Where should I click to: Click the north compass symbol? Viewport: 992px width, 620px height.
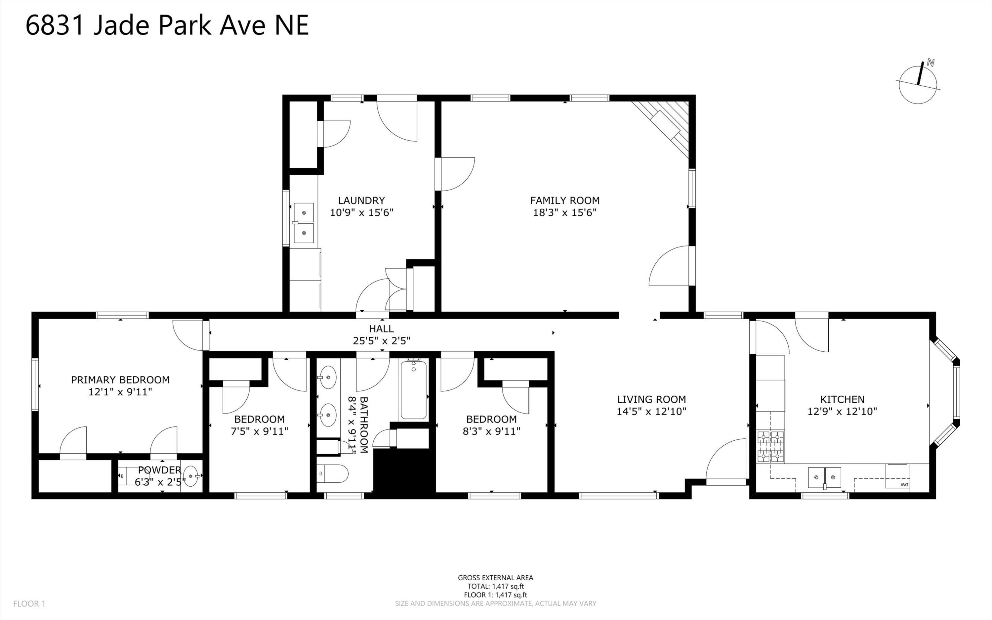click(918, 86)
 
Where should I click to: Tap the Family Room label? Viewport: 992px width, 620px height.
click(565, 200)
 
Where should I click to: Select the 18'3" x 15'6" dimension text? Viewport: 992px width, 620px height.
click(565, 212)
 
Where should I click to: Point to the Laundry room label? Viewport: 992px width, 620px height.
click(361, 200)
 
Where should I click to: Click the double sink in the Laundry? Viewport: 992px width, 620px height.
click(304, 223)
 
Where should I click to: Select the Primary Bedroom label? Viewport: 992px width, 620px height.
click(120, 380)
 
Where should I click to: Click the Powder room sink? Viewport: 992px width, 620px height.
click(190, 476)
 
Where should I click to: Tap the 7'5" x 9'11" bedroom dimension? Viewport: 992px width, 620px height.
click(259, 431)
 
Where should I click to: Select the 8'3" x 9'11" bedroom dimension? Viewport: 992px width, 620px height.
click(491, 431)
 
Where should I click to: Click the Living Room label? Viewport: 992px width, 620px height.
click(651, 399)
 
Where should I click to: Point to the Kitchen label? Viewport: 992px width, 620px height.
click(842, 399)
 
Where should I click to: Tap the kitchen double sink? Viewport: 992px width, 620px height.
click(824, 477)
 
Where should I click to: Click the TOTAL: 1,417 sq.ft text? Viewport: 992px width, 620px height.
click(495, 586)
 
